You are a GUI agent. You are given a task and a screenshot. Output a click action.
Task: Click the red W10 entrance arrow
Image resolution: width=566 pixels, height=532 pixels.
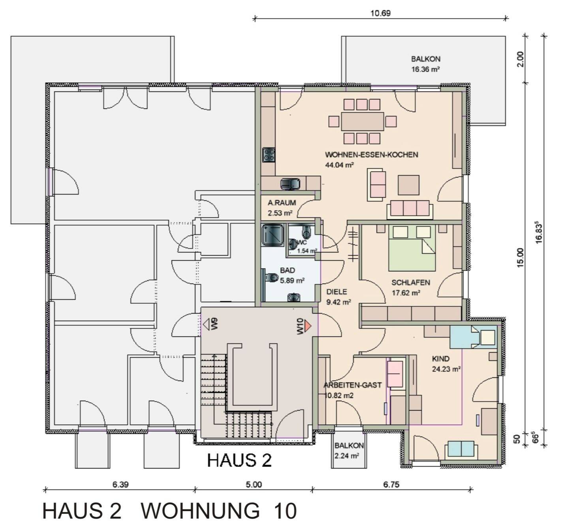pos(308,326)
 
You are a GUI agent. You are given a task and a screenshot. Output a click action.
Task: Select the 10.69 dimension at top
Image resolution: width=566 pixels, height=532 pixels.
pos(380,13)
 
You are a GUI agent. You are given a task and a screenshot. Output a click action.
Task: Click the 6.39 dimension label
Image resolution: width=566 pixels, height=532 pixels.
pos(120,485)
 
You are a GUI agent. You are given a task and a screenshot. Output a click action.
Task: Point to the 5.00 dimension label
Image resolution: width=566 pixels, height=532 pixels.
pos(254,485)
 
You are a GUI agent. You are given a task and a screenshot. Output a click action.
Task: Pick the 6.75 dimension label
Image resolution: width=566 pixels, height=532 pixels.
pos(391,485)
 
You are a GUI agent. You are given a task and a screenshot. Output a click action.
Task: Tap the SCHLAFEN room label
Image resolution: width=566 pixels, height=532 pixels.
pos(410,282)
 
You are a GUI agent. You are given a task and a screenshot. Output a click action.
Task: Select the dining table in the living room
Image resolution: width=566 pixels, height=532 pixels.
pos(362,121)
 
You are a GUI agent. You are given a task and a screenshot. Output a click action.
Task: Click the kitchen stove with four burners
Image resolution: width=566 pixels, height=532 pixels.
pos(269,155)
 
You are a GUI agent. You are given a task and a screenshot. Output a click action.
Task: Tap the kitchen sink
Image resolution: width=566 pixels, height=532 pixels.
pos(290,184)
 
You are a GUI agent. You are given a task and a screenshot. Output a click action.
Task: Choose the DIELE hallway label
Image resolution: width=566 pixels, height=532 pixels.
pos(337,292)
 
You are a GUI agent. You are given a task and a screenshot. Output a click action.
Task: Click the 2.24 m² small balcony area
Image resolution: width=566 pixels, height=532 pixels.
pos(346,456)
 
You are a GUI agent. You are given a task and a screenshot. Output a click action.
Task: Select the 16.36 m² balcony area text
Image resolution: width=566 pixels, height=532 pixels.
pos(425,69)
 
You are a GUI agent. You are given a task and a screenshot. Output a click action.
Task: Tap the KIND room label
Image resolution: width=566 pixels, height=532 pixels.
pos(440,359)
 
